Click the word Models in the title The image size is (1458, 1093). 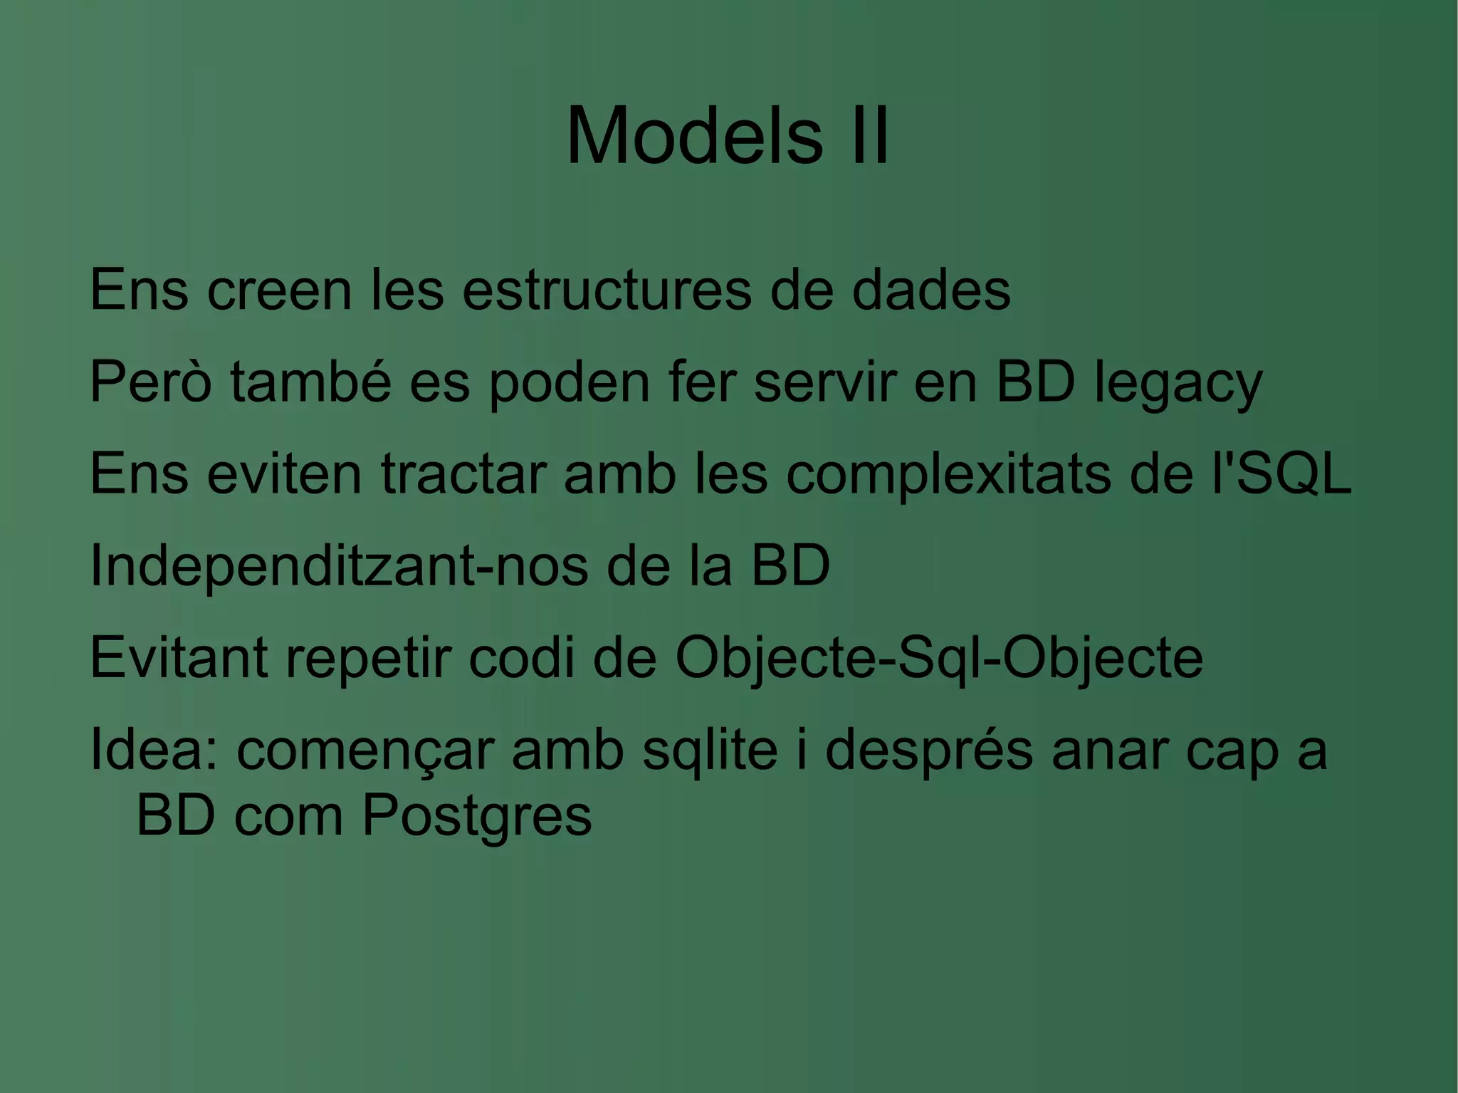click(x=694, y=135)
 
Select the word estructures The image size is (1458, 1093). click(x=607, y=290)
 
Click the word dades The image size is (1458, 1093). click(x=930, y=290)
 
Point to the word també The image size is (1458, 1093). click(x=311, y=382)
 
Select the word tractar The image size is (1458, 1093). click(x=463, y=474)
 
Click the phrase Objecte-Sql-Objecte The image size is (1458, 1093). click(x=939, y=659)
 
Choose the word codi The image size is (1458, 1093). click(x=520, y=657)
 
